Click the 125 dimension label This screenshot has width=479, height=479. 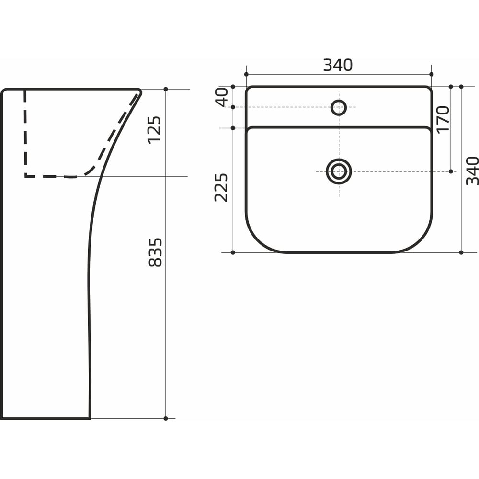(x=154, y=129)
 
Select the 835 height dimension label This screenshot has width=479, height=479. (x=155, y=252)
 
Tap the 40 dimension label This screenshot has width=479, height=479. (x=222, y=97)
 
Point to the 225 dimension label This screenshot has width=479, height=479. (x=221, y=188)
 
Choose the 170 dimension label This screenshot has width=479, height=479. (x=443, y=119)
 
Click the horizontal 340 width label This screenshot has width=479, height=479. (x=338, y=65)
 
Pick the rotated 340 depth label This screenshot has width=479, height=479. (x=472, y=171)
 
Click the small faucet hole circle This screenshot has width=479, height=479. (x=339, y=107)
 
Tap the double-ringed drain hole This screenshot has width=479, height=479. (x=339, y=171)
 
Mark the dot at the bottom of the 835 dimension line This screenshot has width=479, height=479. (x=166, y=418)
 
